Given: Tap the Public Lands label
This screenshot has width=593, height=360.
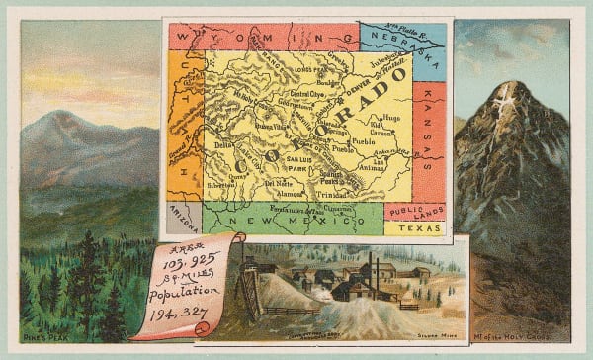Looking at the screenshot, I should click(x=415, y=211).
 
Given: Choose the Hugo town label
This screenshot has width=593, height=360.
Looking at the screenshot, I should click(x=392, y=117).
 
